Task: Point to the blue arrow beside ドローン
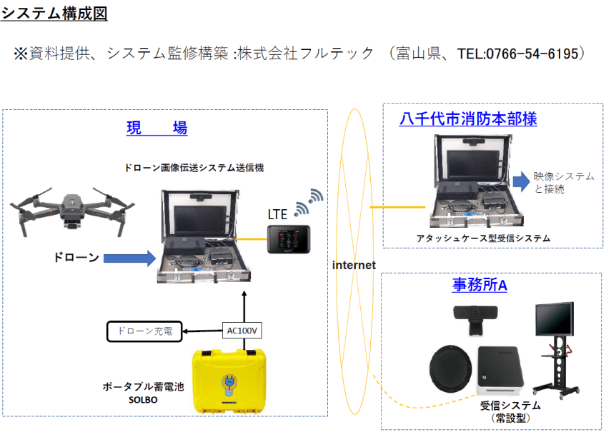tap(129, 258)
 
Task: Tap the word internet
tap(354, 265)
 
